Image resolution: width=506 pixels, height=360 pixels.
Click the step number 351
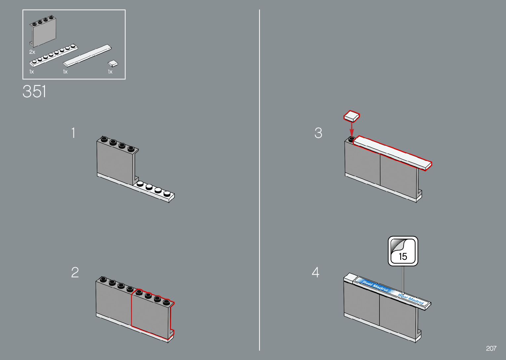pyautogui.click(x=34, y=92)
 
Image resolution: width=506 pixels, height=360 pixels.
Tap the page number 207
pyautogui.click(x=491, y=348)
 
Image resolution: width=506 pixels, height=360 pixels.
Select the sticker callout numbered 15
pyautogui.click(x=403, y=251)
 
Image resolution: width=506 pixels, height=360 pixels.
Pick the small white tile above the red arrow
pyautogui.click(x=351, y=116)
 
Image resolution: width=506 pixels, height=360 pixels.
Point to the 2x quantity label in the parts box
pyautogui.click(x=32, y=52)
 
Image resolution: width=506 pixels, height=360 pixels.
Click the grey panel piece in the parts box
pyautogui.click(x=43, y=31)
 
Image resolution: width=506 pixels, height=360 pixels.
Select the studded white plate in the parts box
pyautogui.click(x=54, y=55)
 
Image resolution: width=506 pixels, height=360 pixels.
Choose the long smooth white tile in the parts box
pyautogui.click(x=87, y=56)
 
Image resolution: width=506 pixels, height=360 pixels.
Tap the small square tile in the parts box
pyautogui.click(x=113, y=63)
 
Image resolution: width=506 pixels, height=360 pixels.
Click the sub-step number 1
pyautogui.click(x=73, y=133)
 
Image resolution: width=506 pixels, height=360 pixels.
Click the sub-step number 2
pyautogui.click(x=75, y=272)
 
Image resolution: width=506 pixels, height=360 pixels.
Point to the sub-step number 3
pyautogui.click(x=318, y=133)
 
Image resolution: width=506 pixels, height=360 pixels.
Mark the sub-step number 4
pyautogui.click(x=316, y=272)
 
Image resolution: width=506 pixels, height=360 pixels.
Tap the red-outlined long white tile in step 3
pyautogui.click(x=393, y=153)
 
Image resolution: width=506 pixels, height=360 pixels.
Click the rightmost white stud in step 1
pyautogui.click(x=167, y=194)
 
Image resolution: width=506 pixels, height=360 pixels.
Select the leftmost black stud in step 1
pyautogui.click(x=104, y=139)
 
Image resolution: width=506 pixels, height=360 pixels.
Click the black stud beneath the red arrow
pyautogui.click(x=351, y=139)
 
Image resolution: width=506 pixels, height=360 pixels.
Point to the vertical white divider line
pyautogui.click(x=259, y=180)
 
